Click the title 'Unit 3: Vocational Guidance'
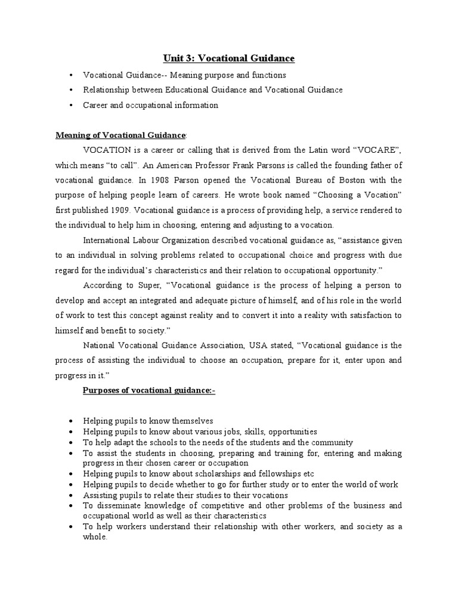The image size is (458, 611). point(229,58)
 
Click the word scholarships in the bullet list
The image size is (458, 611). point(181,474)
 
